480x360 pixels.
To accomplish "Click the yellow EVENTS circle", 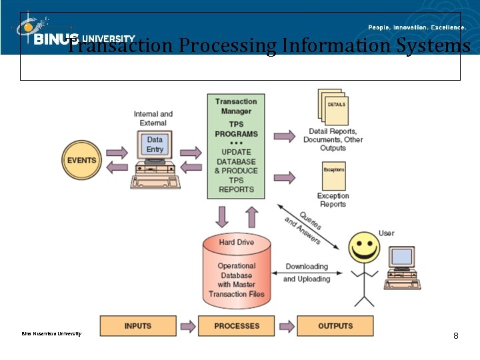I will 81,160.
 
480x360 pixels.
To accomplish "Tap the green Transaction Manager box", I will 236,146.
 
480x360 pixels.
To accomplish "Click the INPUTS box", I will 138,326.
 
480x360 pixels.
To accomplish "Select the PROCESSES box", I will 237,326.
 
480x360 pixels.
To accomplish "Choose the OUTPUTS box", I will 335,326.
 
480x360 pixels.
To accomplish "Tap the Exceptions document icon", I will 333,176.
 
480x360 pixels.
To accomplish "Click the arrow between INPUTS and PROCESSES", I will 187,326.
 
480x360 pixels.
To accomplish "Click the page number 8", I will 455,335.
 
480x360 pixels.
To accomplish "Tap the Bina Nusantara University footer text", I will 51,333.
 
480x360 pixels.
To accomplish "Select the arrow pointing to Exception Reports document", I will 285,177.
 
